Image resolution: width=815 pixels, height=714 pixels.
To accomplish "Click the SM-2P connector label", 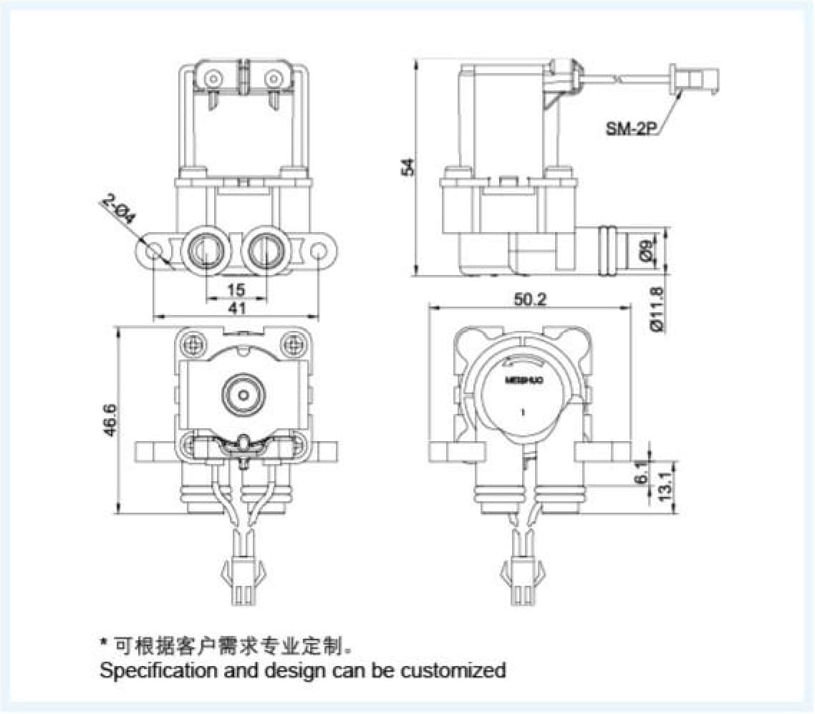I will (x=631, y=129).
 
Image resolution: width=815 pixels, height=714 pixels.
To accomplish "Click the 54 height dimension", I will (x=407, y=167).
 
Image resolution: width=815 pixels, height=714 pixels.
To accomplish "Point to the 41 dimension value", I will (x=236, y=309).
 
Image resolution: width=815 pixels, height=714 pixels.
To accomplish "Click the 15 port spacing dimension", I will (x=236, y=289).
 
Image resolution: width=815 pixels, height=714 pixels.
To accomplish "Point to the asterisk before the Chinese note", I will (x=104, y=643).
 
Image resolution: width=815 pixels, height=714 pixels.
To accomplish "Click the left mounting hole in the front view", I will (x=153, y=251).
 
